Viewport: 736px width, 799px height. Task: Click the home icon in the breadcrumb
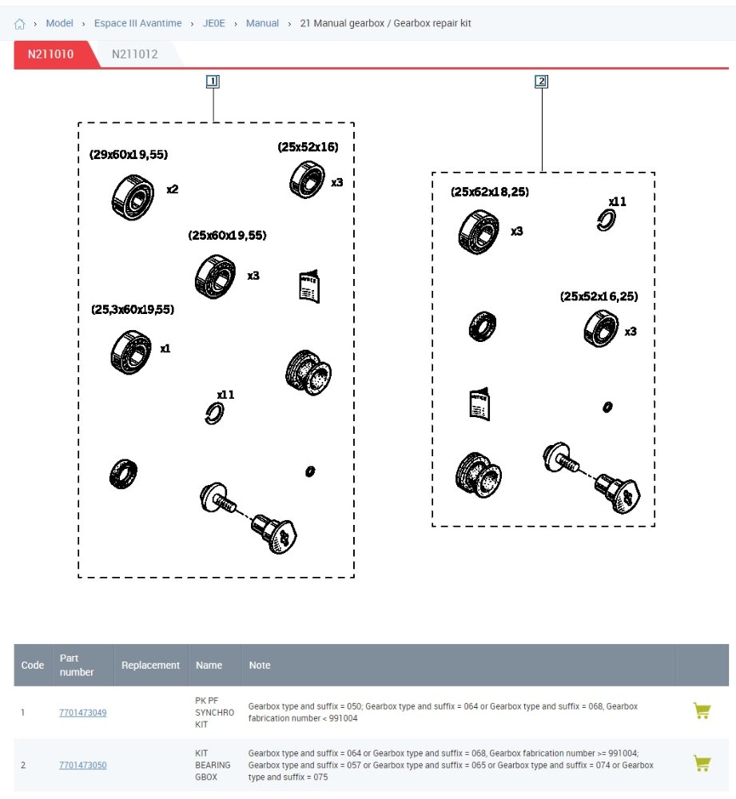[x=20, y=24]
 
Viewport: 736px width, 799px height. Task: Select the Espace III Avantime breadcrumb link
[x=137, y=23]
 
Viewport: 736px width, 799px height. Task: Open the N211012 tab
[x=134, y=54]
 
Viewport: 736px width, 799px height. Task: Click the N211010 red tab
[x=50, y=54]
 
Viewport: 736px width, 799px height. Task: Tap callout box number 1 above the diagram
[x=213, y=81]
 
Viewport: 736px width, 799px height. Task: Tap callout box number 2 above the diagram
[x=542, y=81]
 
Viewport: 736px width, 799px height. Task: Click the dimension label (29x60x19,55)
[x=129, y=154]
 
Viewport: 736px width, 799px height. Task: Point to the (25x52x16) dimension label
[x=308, y=147]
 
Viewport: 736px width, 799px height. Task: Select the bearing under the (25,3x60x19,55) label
[x=131, y=352]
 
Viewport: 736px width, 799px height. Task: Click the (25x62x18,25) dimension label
[x=490, y=192]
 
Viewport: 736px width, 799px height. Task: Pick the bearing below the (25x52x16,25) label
[x=600, y=328]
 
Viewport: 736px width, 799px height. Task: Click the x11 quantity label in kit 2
[x=618, y=202]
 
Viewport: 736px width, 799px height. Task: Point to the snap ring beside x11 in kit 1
[x=213, y=413]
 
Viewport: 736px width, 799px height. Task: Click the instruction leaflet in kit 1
[x=309, y=287]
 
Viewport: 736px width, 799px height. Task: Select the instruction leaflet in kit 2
[x=479, y=403]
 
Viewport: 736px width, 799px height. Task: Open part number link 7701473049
[x=82, y=712]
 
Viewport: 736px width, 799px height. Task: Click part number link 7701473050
[x=82, y=765]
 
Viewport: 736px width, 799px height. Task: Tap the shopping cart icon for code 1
[x=702, y=711]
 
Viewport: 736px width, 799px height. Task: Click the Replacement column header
[x=150, y=665]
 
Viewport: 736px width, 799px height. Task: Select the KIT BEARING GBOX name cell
[x=213, y=765]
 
